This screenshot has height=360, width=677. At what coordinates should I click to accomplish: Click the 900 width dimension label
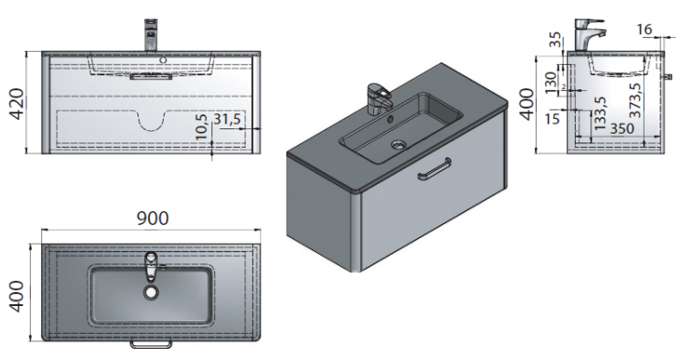tap(153, 219)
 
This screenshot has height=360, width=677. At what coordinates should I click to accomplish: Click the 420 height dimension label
tap(18, 104)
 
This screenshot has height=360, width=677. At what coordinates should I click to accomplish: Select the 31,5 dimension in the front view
tap(227, 119)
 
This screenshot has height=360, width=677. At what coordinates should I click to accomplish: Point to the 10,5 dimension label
tap(202, 127)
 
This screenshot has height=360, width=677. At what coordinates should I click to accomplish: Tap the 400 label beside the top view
tap(18, 296)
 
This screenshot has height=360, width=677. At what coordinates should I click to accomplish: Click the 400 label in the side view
tap(526, 104)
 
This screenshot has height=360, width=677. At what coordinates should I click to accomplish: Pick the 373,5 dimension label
tap(635, 100)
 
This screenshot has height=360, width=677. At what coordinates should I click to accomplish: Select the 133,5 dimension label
tap(600, 113)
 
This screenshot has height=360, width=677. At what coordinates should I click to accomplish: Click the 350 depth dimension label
tap(622, 128)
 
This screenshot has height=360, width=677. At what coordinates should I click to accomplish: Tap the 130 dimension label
tap(551, 83)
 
